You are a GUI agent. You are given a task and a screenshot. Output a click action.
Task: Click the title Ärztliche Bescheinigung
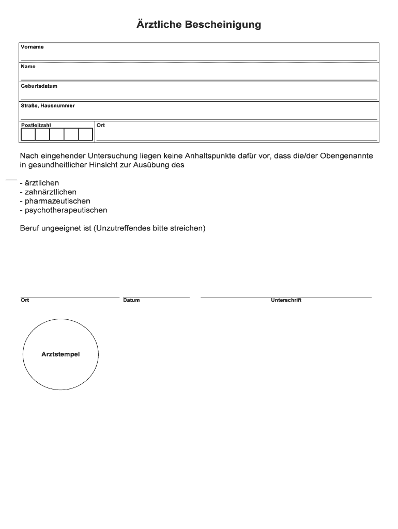[x=199, y=25]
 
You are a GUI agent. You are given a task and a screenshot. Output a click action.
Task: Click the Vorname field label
[x=32, y=47]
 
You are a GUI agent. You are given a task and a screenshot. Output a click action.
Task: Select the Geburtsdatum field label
[x=39, y=86]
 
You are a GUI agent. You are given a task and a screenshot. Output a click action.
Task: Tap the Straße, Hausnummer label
[x=48, y=106]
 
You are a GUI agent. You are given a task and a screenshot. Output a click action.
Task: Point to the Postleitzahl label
[x=36, y=125]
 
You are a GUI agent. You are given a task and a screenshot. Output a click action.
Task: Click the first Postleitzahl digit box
[x=28, y=134]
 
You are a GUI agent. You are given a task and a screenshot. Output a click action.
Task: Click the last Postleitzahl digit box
[x=85, y=134]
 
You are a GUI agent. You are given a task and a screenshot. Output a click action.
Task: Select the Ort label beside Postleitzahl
[x=101, y=125]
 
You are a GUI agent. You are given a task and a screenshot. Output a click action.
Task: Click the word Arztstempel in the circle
[x=60, y=354]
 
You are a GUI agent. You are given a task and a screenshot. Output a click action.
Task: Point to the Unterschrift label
[x=286, y=300]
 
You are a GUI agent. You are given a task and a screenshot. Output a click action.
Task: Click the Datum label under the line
[x=131, y=300]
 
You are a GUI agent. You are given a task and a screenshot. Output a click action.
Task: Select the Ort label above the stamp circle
[x=25, y=300]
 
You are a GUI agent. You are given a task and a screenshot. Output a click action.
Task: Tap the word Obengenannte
[x=346, y=155]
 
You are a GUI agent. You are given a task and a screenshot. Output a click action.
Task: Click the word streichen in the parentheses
[x=187, y=228]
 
